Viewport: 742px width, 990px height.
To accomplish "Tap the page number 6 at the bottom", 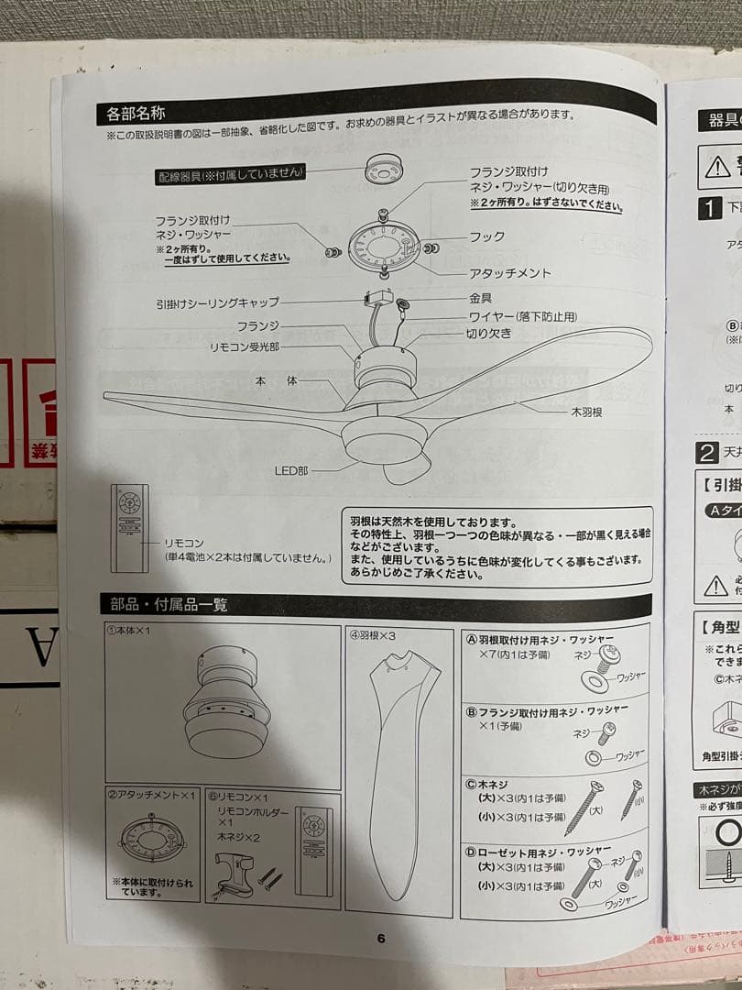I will (381, 938).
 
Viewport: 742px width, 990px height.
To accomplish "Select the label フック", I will (486, 236).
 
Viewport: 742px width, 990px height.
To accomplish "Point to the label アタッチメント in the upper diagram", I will (510, 273).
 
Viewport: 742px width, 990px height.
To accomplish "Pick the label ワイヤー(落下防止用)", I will (523, 316).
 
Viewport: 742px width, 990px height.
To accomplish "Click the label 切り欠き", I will (488, 334).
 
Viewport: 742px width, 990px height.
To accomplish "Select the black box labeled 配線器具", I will (229, 172).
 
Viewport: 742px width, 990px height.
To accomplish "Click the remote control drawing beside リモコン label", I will (129, 526).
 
